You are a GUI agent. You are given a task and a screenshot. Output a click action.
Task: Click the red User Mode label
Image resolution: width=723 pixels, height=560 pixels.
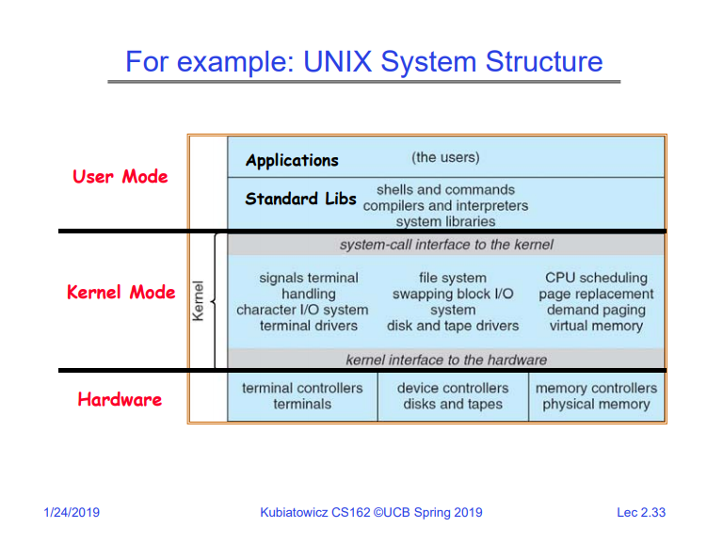[120, 176]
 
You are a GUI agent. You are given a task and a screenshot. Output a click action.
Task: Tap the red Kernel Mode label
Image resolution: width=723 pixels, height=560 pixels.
[120, 292]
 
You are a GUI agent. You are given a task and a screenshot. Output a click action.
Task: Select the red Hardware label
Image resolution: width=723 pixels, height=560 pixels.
[120, 399]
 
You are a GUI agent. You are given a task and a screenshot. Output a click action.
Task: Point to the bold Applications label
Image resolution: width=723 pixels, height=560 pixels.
[292, 160]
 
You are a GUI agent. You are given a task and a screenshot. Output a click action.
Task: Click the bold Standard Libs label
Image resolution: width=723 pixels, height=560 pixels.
[300, 199]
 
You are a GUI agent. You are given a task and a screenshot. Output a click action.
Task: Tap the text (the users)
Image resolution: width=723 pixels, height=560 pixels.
[445, 157]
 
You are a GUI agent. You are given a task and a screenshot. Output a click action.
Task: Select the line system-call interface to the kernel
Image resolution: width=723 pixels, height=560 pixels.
[446, 245]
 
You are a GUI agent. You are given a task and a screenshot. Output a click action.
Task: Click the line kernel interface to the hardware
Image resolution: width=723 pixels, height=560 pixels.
[446, 360]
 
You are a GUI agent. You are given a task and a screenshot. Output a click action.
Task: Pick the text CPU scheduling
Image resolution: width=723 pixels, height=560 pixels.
[596, 278]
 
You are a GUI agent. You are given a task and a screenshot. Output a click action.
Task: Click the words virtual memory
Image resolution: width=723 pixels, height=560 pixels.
[596, 326]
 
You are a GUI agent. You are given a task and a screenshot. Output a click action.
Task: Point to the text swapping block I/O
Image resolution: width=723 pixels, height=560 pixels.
[453, 294]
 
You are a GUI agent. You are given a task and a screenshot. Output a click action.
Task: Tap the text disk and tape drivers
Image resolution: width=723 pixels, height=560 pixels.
[453, 326]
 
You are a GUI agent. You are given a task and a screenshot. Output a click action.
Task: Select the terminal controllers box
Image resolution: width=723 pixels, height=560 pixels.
[302, 396]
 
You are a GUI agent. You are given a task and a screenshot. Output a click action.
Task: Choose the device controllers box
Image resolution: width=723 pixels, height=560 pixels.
[453, 396]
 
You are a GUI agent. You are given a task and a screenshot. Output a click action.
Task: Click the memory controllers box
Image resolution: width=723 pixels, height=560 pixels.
[596, 396]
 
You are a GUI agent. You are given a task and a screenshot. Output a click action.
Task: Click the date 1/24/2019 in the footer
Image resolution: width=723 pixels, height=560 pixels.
[72, 513]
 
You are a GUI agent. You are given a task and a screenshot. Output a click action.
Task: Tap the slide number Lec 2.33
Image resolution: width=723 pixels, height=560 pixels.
[640, 513]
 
